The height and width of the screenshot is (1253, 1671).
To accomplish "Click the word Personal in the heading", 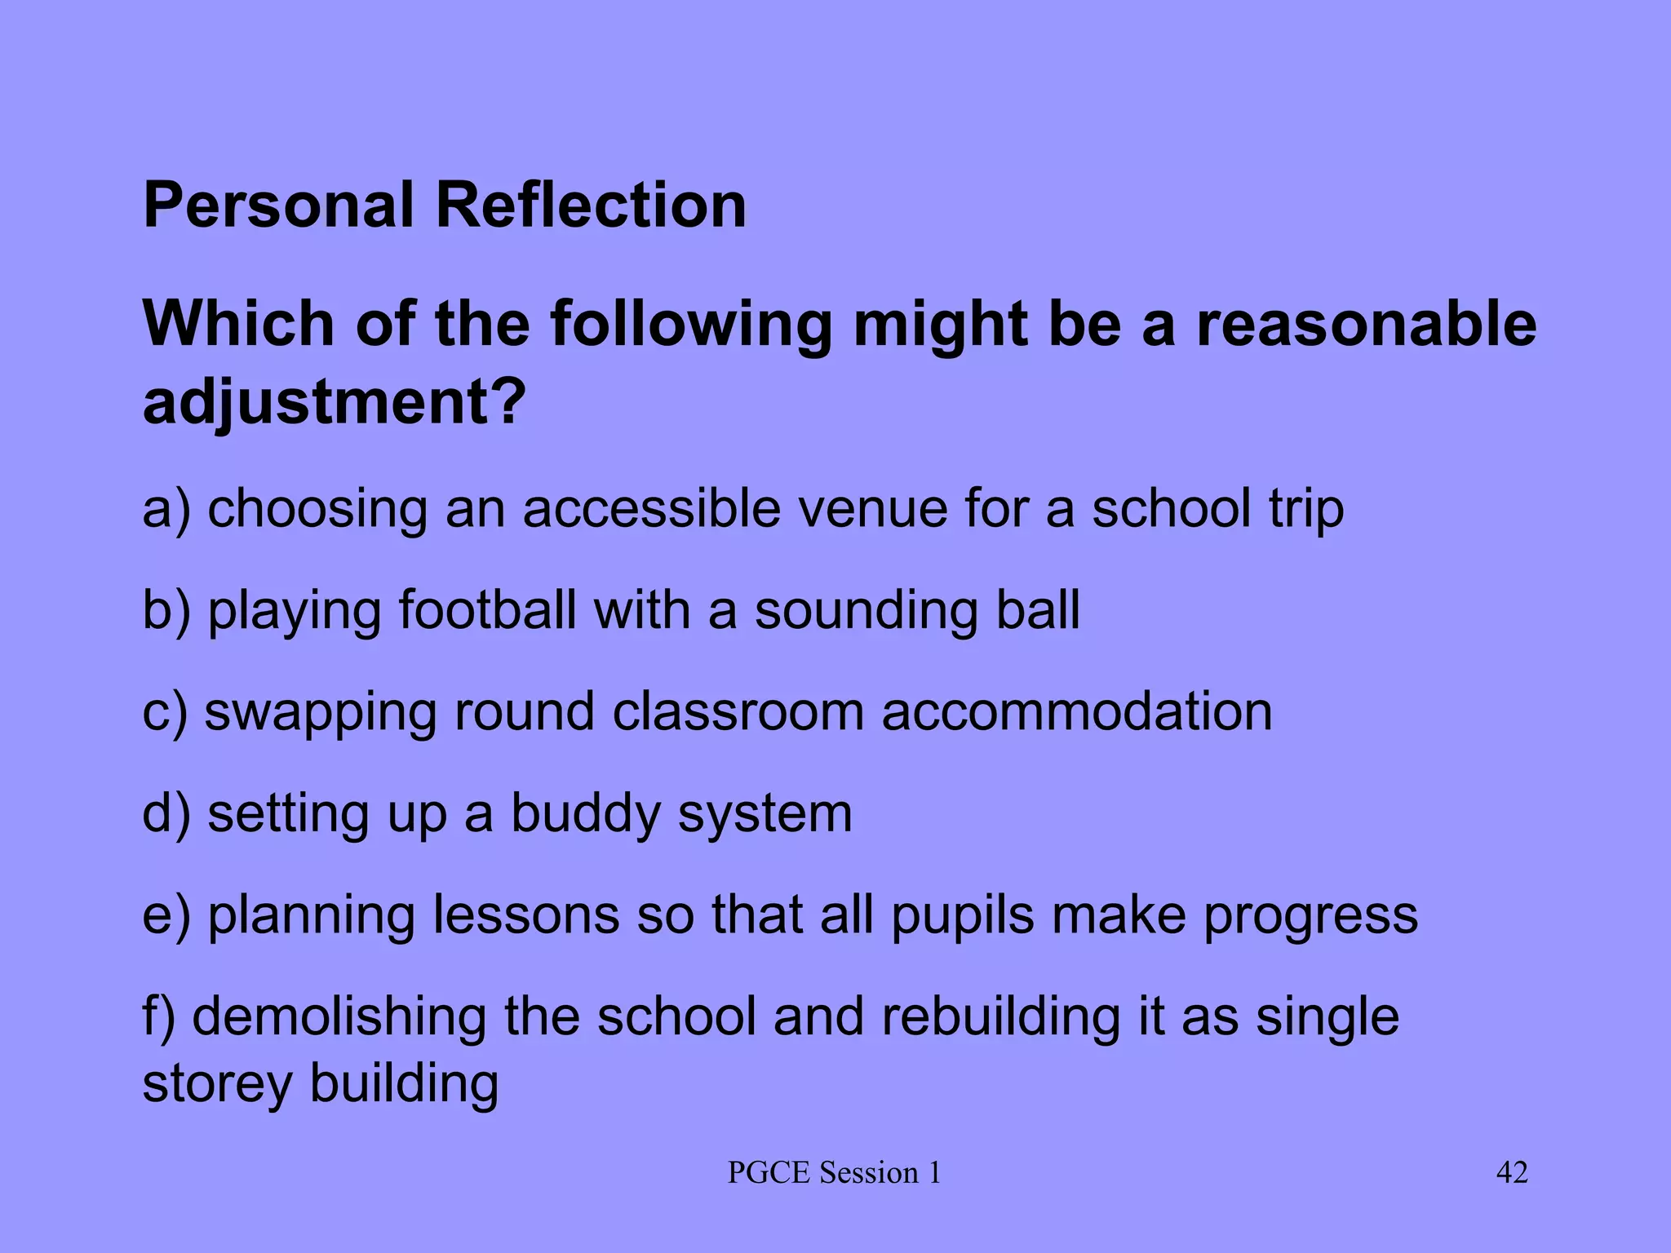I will [x=278, y=205].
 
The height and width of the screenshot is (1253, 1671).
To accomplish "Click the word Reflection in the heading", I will [x=591, y=205].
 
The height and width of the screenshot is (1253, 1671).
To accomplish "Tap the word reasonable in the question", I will [x=1366, y=324].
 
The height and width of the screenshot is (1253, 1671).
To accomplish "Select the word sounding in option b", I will [x=866, y=610].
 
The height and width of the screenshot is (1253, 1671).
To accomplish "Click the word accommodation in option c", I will [x=1076, y=711].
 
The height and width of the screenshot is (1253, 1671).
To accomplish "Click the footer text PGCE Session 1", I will [x=834, y=1173].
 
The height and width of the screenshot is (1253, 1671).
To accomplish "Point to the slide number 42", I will [x=1511, y=1172].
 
